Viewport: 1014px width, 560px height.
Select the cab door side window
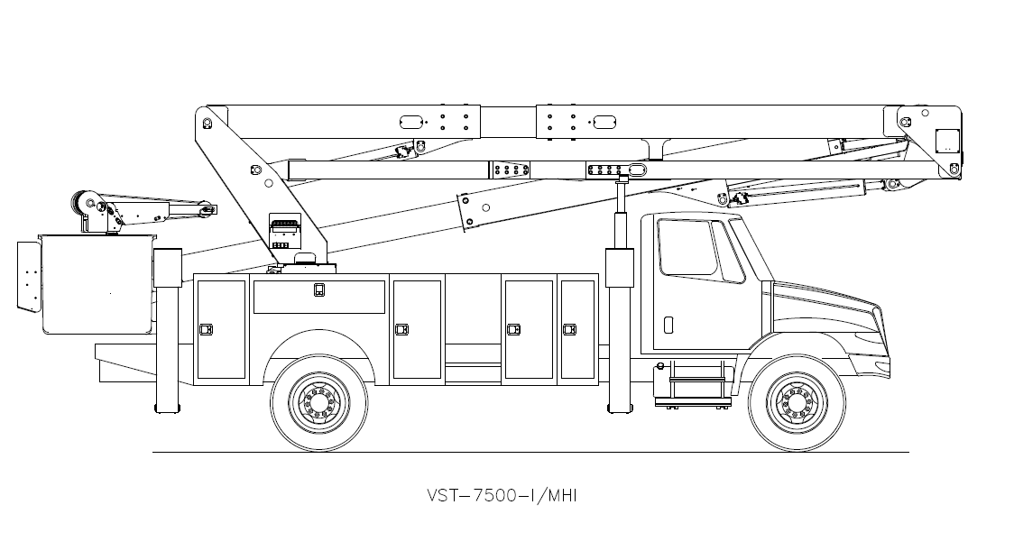(687, 247)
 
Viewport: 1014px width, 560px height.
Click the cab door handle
(668, 325)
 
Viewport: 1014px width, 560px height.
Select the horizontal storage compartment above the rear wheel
(318, 297)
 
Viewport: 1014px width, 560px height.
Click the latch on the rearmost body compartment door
(206, 329)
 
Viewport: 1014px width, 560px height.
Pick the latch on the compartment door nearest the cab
(569, 329)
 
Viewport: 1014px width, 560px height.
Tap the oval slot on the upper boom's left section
(411, 121)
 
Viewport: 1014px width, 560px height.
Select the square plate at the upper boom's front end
(945, 141)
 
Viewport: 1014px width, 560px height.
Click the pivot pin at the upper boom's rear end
(207, 122)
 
